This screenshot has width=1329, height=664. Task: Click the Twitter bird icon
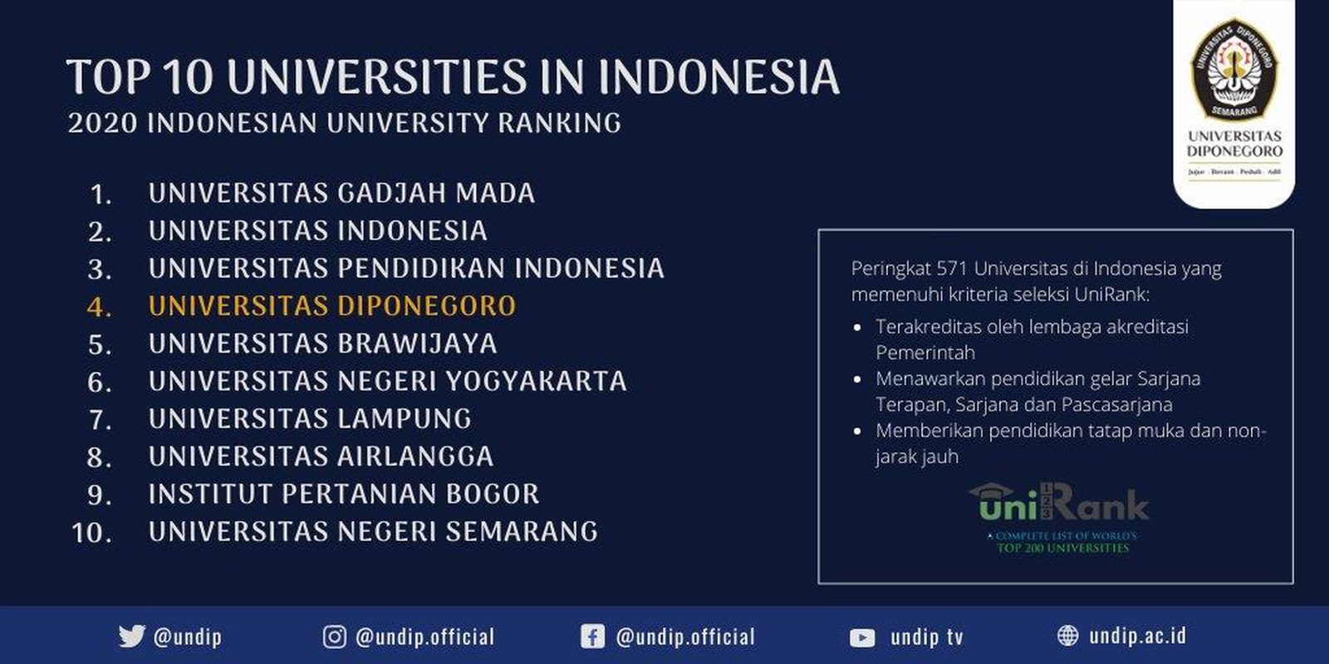[x=131, y=637]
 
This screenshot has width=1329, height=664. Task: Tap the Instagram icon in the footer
[x=334, y=637]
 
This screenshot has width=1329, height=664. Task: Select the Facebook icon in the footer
[x=591, y=637]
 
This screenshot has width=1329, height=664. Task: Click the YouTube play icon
[x=862, y=637]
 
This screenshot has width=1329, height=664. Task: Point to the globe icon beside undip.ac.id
[x=1068, y=636]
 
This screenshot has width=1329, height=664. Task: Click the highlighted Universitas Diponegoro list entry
[x=332, y=305]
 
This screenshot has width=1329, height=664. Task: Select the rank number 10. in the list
[x=92, y=532]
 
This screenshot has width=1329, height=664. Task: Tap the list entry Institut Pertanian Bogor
[x=344, y=494]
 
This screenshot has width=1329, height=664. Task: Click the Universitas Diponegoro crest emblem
[x=1233, y=68]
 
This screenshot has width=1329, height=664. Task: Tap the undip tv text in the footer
[x=927, y=637]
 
